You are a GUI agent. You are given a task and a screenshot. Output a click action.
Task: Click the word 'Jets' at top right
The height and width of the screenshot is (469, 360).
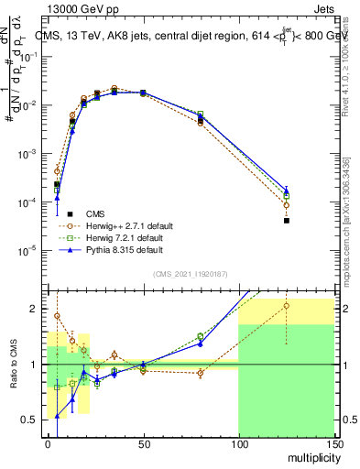(x=322, y=8)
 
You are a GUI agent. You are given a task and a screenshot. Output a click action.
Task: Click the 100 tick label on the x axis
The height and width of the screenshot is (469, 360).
(x=238, y=443)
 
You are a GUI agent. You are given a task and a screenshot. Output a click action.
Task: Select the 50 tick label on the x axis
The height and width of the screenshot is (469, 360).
(x=143, y=443)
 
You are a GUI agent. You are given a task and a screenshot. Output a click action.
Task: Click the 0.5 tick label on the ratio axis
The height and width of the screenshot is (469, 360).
(x=31, y=420)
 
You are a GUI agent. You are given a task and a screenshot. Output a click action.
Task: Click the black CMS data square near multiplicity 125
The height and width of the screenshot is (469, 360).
(x=287, y=221)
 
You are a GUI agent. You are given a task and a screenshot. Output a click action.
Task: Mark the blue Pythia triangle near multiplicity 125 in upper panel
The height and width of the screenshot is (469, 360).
(x=287, y=190)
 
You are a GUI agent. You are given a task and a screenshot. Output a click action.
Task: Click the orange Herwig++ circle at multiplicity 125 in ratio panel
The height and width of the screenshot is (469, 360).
(x=287, y=307)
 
